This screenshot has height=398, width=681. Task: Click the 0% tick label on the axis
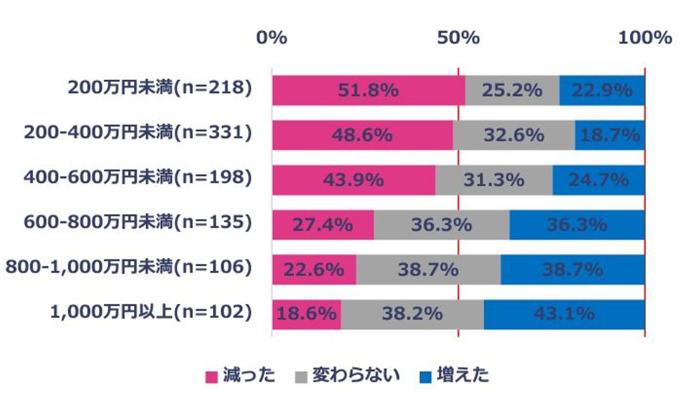[271, 37]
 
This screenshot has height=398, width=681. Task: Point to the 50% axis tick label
[458, 37]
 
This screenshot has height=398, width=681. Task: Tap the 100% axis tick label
[645, 37]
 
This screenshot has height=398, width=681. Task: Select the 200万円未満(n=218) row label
[160, 88]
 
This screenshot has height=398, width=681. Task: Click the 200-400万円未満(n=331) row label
[138, 133]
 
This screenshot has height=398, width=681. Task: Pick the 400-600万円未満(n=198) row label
[138, 177]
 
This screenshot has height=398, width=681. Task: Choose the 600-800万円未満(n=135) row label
[138, 222]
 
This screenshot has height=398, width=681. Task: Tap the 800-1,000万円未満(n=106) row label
[129, 267]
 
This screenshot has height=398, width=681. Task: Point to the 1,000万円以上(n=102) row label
[151, 312]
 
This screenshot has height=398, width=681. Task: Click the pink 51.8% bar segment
[368, 90]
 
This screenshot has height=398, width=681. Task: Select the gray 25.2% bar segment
[512, 90]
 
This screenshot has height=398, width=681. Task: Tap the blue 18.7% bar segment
[610, 135]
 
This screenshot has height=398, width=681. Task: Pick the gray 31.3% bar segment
[494, 180]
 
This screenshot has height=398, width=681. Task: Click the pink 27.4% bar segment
[323, 225]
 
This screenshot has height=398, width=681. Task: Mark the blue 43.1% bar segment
[564, 314]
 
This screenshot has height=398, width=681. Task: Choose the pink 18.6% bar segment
[306, 314]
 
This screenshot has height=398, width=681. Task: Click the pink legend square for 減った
[211, 377]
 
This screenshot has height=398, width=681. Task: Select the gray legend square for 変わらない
[301, 377]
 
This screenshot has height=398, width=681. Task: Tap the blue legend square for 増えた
[426, 377]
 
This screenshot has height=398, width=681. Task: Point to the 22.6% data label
[314, 270]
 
